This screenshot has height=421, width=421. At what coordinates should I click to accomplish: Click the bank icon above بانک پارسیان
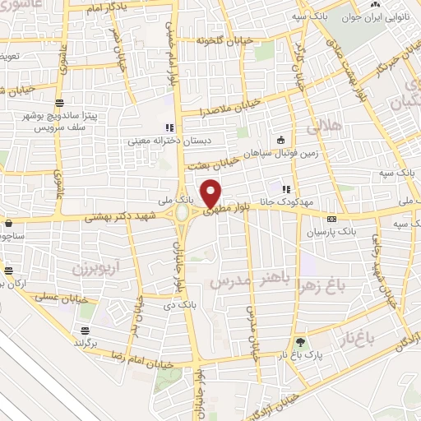click(x=331, y=220)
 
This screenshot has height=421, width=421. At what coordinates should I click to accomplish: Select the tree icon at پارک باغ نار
click(x=299, y=342)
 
